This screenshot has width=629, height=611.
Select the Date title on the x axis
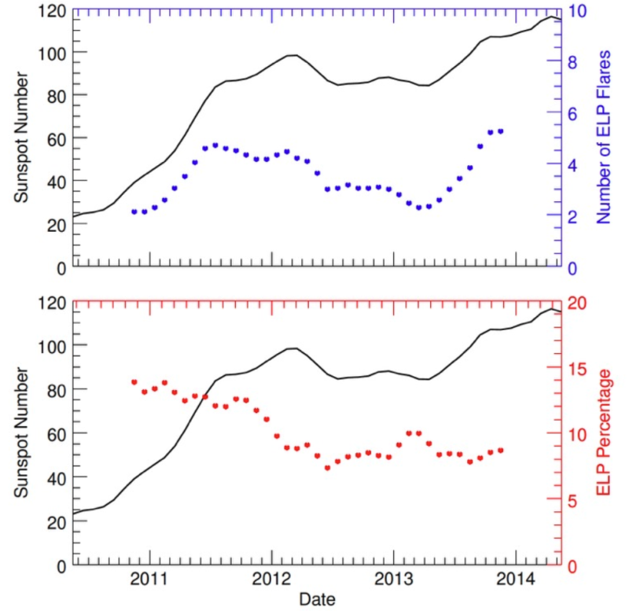pyautogui.click(x=318, y=599)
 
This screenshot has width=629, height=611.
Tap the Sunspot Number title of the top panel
pyautogui.click(x=23, y=138)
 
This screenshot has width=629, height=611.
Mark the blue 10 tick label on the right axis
pyautogui.click(x=580, y=10)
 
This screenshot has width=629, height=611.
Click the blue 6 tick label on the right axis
pyautogui.click(x=576, y=113)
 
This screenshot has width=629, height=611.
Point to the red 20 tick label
pyautogui.click(x=580, y=303)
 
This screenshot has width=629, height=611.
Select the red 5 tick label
pyautogui.click(x=576, y=500)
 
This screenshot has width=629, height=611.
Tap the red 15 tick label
pyautogui.click(x=580, y=369)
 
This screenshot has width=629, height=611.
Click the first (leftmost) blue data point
pyautogui.click(x=134, y=212)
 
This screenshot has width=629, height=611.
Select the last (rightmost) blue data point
pyautogui.click(x=500, y=131)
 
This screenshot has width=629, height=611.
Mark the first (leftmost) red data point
pyautogui.click(x=134, y=382)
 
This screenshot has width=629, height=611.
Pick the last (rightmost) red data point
pyautogui.click(x=500, y=450)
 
